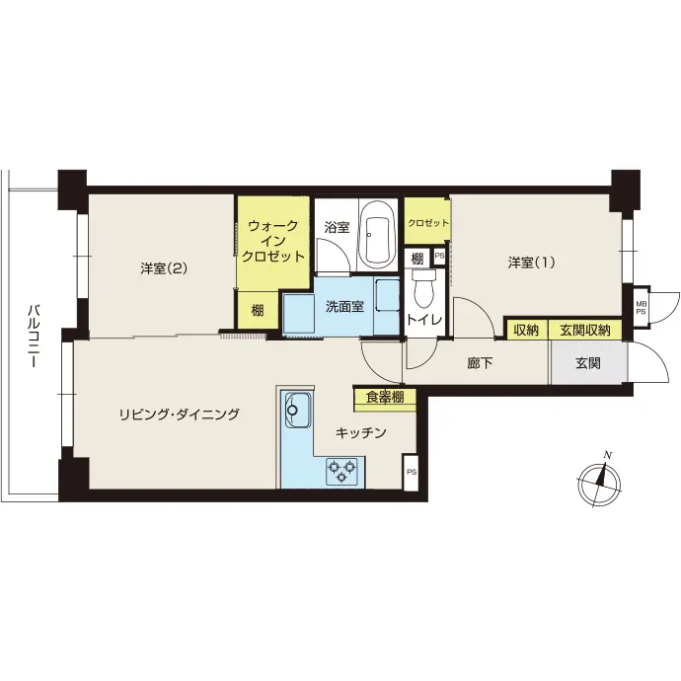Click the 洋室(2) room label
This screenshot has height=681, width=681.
(x=164, y=268)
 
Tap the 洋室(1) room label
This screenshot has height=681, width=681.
(x=532, y=263)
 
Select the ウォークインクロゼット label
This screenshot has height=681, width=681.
(x=273, y=241)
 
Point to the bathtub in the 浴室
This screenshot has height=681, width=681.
(x=377, y=236)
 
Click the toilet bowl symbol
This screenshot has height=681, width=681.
(x=423, y=287)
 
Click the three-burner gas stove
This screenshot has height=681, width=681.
(x=342, y=471)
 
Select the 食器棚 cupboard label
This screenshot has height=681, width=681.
(x=385, y=398)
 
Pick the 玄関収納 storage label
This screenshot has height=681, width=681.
(x=584, y=330)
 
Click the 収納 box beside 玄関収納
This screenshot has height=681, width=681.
(x=526, y=330)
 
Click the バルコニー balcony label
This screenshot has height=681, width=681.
(x=34, y=337)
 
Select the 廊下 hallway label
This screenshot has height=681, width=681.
(x=480, y=363)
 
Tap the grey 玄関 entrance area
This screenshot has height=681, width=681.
(x=589, y=363)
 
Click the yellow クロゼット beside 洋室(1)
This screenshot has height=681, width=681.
(x=427, y=221)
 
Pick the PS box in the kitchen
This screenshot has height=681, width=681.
(x=411, y=472)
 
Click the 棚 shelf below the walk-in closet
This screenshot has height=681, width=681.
(x=258, y=310)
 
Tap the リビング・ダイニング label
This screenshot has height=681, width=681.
(x=179, y=414)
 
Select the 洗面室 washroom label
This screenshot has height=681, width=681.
(x=344, y=307)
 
